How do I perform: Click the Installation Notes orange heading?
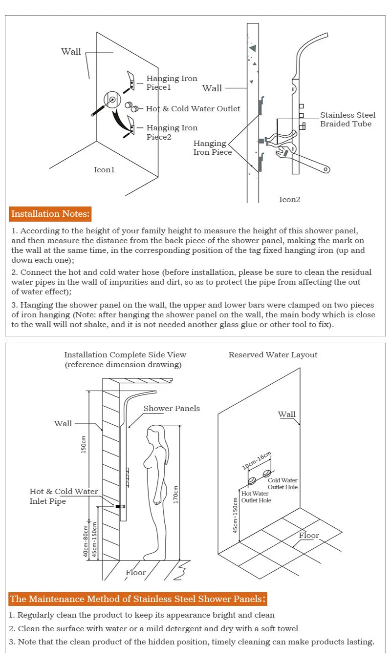(50, 214)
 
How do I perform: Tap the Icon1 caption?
(104, 170)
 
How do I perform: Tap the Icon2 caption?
(289, 199)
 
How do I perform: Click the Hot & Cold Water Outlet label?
(193, 108)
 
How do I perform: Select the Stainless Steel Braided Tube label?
(348, 120)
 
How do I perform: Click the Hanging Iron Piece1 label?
(172, 83)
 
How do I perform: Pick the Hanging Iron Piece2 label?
(172, 132)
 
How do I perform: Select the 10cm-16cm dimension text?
(256, 461)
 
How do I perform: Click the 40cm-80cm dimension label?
(86, 541)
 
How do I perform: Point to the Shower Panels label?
(171, 409)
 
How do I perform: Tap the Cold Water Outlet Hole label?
(282, 484)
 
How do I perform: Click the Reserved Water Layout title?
(273, 355)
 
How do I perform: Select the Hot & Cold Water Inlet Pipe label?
(64, 497)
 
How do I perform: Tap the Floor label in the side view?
(135, 573)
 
